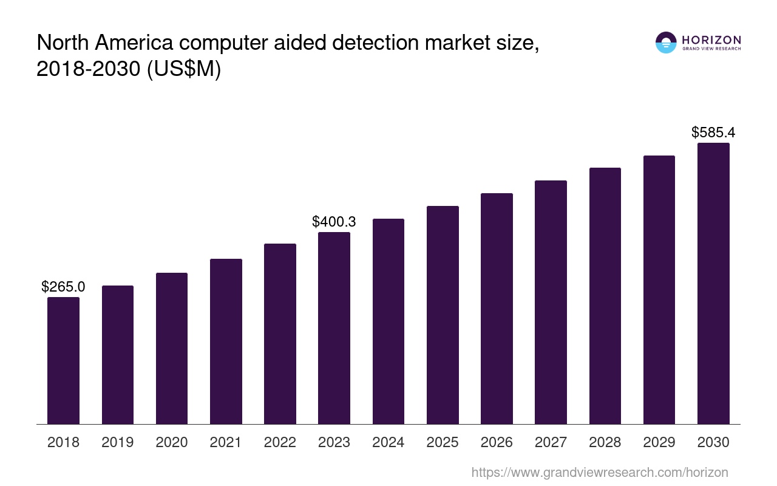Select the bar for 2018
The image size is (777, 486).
pyautogui.click(x=63, y=360)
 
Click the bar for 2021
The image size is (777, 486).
pyautogui.click(x=226, y=341)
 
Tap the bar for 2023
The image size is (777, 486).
pyautogui.click(x=334, y=328)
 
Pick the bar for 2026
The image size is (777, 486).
pyautogui.click(x=497, y=309)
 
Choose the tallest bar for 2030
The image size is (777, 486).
pyautogui.click(x=713, y=283)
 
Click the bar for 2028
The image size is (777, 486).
pyautogui.click(x=605, y=296)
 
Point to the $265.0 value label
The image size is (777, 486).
pyautogui.click(x=63, y=287)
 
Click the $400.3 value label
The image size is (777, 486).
pyautogui.click(x=334, y=222)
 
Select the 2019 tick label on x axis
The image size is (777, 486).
pyautogui.click(x=118, y=442)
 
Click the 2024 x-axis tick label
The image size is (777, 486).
pyautogui.click(x=388, y=442)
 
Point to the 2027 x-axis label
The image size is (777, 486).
pyautogui.click(x=551, y=442)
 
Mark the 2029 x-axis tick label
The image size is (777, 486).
pyautogui.click(x=659, y=442)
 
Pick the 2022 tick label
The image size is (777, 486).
pyautogui.click(x=280, y=442)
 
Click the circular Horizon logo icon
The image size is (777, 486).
pyautogui.click(x=666, y=43)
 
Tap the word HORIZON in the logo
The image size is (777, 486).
pyautogui.click(x=711, y=39)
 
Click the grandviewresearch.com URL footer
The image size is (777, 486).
pyautogui.click(x=600, y=472)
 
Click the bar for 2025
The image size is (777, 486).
pyautogui.click(x=443, y=315)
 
